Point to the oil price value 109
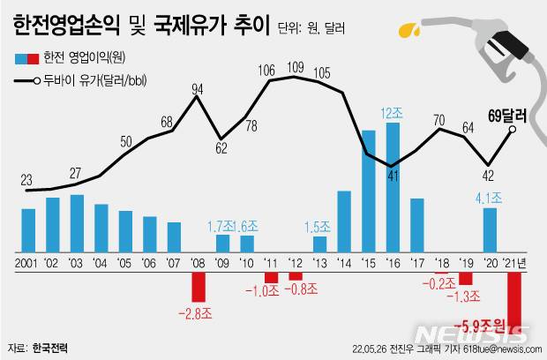coord(296,66)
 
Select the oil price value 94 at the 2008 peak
coord(199,88)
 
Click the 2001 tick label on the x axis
coord(26,262)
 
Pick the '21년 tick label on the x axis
coord(514,262)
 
